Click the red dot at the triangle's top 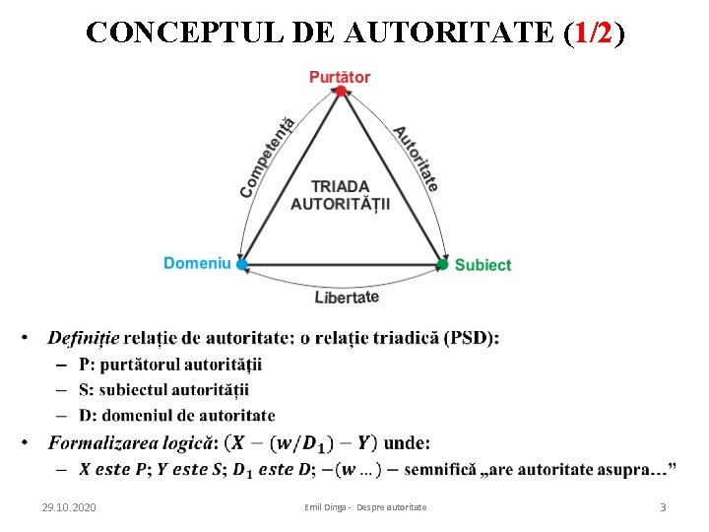click(x=340, y=92)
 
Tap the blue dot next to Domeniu click(x=242, y=264)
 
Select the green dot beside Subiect click(x=443, y=264)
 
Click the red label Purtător click(x=340, y=76)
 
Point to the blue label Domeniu click(x=197, y=263)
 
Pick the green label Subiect click(x=483, y=264)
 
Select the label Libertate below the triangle click(x=347, y=297)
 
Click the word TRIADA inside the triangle click(x=340, y=186)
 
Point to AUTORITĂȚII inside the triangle click(x=340, y=204)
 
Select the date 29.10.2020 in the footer click(x=69, y=506)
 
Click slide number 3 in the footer click(x=663, y=506)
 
